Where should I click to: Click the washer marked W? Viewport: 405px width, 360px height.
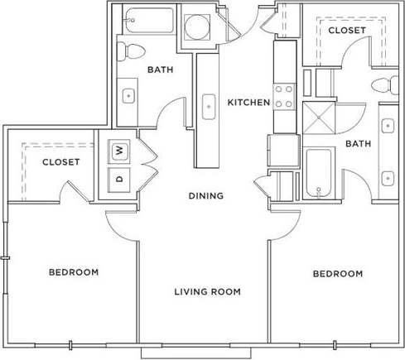pyautogui.click(x=119, y=151)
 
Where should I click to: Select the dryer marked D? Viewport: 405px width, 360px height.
pyautogui.click(x=119, y=177)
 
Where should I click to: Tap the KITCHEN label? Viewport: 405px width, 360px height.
pyautogui.click(x=249, y=103)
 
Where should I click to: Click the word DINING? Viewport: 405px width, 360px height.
pyautogui.click(x=205, y=196)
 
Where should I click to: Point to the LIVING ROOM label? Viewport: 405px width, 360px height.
pyautogui.click(x=207, y=291)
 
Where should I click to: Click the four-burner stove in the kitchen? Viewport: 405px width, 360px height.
pyautogui.click(x=284, y=96)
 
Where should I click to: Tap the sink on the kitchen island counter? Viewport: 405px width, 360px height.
pyautogui.click(x=208, y=105)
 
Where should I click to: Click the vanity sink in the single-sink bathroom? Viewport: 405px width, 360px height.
pyautogui.click(x=128, y=94)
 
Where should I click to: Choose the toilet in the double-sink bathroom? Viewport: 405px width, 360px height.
pyautogui.click(x=382, y=84)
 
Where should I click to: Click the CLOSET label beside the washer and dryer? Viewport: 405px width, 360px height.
pyautogui.click(x=60, y=162)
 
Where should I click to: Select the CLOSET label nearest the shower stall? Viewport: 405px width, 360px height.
pyautogui.click(x=346, y=31)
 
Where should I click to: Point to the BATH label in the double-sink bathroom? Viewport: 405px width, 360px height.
pyautogui.click(x=358, y=143)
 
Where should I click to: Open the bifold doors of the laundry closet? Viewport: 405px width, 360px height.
pyautogui.click(x=147, y=163)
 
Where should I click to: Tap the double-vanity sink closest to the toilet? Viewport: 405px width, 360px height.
pyautogui.click(x=387, y=125)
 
